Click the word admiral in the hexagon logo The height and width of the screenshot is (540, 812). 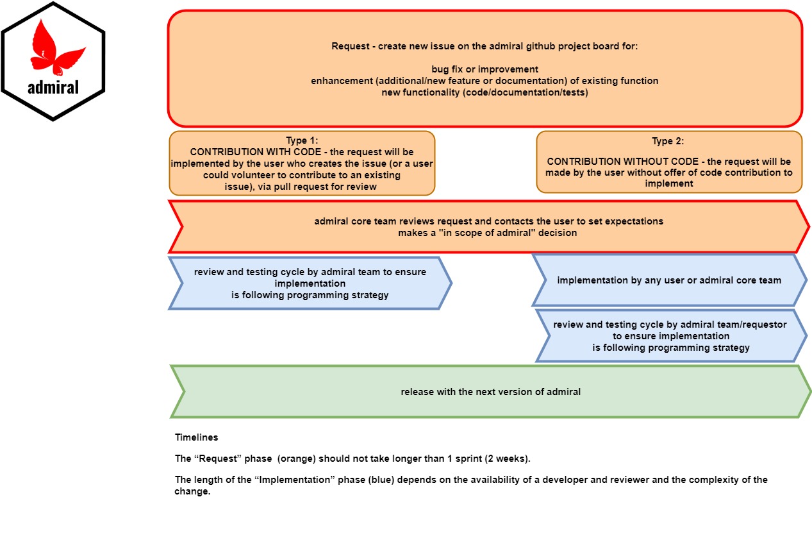tap(53, 87)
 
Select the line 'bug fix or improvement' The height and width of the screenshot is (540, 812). tap(485, 69)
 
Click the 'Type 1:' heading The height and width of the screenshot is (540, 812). tap(302, 140)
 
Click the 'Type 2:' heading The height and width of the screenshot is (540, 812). tap(668, 142)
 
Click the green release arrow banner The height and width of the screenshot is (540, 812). tap(491, 392)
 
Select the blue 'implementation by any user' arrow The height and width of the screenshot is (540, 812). tap(668, 280)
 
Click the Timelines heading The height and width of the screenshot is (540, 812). tap(196, 437)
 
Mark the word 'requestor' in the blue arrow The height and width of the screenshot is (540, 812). tap(763, 325)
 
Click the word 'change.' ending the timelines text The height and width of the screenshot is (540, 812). tap(192, 492)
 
